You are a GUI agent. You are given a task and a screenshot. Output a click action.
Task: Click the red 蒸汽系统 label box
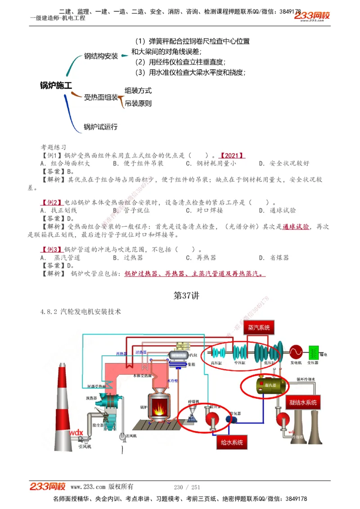tap(258, 328)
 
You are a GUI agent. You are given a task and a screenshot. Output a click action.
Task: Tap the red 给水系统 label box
tap(232, 442)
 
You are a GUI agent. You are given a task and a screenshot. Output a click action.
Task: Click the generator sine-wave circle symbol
tap(296, 351)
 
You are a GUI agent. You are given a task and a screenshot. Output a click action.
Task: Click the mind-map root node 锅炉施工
tap(55, 85)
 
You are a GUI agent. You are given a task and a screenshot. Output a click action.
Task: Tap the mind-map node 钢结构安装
tap(101, 56)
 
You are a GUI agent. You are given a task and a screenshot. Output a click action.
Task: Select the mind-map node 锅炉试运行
tap(100, 127)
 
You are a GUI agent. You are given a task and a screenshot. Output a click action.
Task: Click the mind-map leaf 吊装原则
tap(138, 103)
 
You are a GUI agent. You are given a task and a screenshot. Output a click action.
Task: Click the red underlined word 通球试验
tap(296, 227)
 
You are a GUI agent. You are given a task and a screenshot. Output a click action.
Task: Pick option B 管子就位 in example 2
tap(131, 210)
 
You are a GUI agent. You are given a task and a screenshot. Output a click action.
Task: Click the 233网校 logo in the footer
tap(48, 487)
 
